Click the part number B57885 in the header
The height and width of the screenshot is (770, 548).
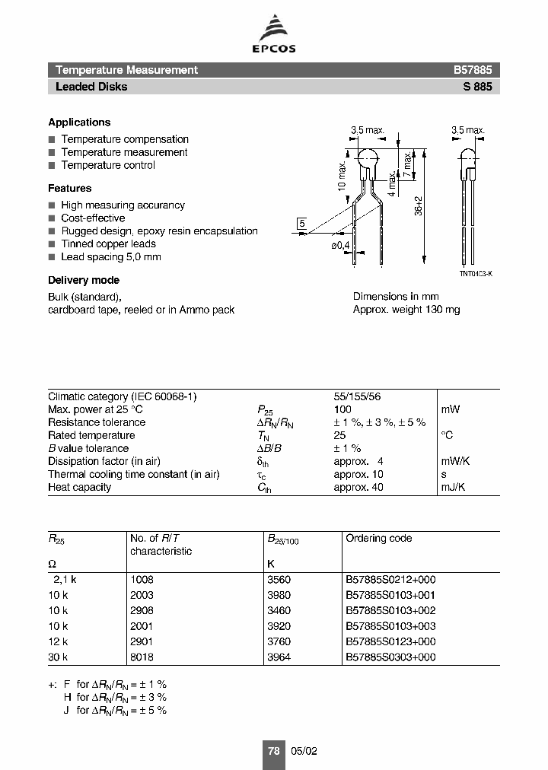pyautogui.click(x=473, y=70)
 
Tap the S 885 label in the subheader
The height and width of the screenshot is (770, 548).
pyautogui.click(x=477, y=87)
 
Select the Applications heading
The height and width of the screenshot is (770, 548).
pyautogui.click(x=79, y=123)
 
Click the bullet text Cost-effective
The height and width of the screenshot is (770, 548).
pyautogui.click(x=93, y=218)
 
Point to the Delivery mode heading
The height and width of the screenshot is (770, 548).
pyautogui.click(x=84, y=280)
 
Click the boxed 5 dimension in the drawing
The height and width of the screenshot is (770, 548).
pyautogui.click(x=302, y=223)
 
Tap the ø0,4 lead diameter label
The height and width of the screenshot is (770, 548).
pyautogui.click(x=340, y=244)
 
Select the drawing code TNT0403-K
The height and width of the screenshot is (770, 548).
pyautogui.click(x=475, y=273)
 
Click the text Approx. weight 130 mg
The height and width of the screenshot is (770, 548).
pyautogui.click(x=406, y=310)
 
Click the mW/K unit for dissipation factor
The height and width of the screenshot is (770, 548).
pyautogui.click(x=455, y=461)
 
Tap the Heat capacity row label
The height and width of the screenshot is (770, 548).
pyautogui.click(x=79, y=487)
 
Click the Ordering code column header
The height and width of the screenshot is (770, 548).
pyautogui.click(x=378, y=538)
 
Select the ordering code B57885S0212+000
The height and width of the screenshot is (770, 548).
pyautogui.click(x=390, y=579)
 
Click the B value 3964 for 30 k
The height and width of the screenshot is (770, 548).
pyautogui.click(x=279, y=657)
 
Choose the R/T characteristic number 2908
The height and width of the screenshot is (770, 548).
pyautogui.click(x=142, y=610)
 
